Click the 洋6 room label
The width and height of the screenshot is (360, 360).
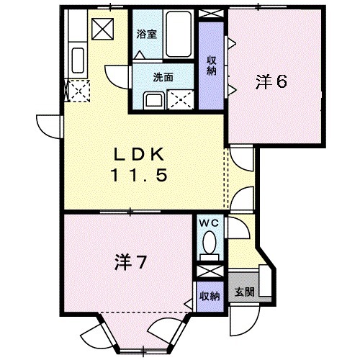click(271, 82)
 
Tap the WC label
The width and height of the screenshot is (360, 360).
click(210, 224)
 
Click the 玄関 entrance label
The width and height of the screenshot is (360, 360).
click(244, 292)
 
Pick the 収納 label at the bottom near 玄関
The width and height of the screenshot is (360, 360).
click(210, 296)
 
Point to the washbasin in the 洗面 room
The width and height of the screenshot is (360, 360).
click(153, 99)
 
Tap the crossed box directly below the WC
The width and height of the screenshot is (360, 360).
click(210, 271)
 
